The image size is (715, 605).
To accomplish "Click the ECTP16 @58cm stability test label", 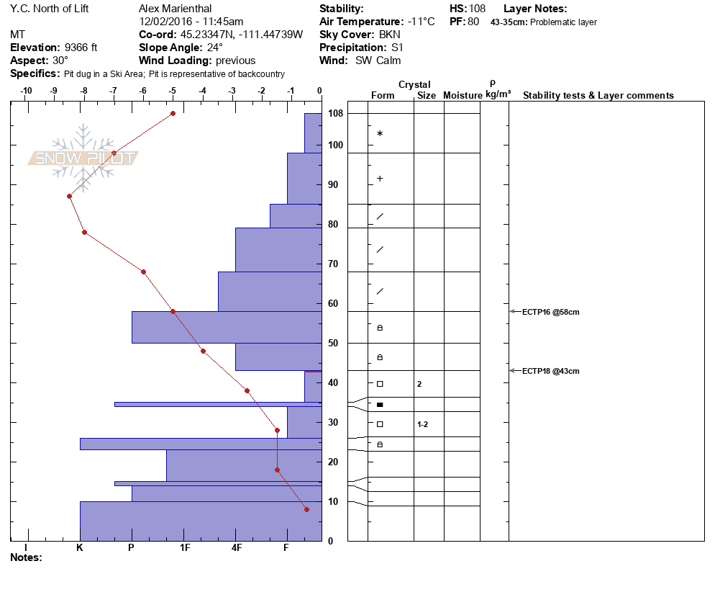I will [x=550, y=312].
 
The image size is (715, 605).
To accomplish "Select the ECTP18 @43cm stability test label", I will [x=550, y=371].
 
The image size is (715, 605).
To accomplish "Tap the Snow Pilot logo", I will [x=83, y=158].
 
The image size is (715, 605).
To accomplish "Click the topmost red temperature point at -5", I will [x=173, y=113].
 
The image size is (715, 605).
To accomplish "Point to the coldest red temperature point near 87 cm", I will [x=69, y=196].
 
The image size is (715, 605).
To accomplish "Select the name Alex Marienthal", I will [x=175, y=9].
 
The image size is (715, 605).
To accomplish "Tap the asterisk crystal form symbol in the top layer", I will [x=380, y=134].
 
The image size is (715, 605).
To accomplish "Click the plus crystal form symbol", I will [x=380, y=179].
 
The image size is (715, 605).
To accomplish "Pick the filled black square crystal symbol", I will [x=380, y=405].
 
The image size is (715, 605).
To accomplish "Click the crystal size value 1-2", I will [x=423, y=424].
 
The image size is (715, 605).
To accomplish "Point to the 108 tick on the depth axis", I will [x=335, y=114].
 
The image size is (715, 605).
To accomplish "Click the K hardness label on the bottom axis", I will [x=80, y=548].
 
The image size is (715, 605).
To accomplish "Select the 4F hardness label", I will [x=237, y=548].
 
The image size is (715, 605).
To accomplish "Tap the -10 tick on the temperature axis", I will [x=27, y=91].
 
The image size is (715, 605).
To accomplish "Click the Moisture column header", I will [x=462, y=96].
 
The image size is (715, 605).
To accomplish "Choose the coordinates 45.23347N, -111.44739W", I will [x=241, y=35].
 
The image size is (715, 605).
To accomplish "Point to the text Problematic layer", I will [x=563, y=22].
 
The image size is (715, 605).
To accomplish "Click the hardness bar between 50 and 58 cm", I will [x=226, y=327].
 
